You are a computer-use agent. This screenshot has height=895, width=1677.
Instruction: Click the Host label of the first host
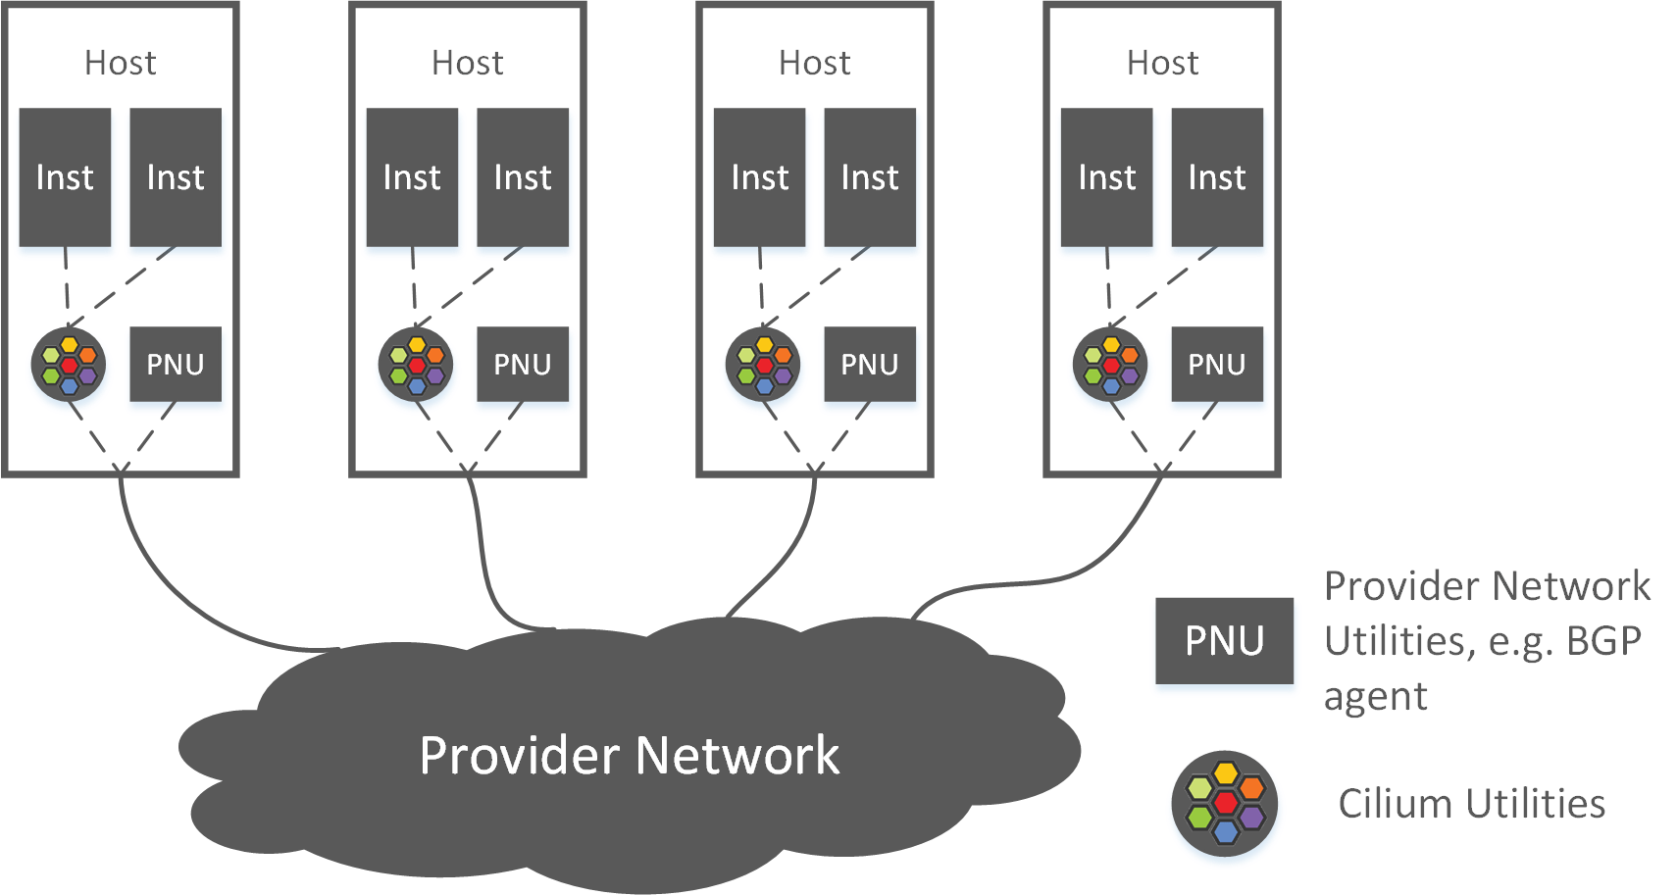click(121, 63)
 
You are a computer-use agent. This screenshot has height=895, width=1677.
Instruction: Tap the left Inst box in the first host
click(65, 177)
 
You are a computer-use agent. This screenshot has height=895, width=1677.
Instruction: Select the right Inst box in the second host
click(523, 177)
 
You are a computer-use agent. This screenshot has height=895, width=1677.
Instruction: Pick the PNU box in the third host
click(870, 365)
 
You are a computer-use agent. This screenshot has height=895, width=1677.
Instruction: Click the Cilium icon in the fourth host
click(1110, 365)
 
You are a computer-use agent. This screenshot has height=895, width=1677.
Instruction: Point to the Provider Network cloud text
click(629, 756)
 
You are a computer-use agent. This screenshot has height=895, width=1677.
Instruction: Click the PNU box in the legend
click(1224, 641)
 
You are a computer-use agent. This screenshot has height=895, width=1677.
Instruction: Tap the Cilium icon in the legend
click(1225, 803)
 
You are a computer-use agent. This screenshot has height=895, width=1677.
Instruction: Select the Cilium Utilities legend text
click(1471, 804)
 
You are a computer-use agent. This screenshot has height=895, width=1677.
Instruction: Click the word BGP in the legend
click(1603, 641)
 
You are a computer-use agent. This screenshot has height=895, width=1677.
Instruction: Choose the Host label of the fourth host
click(1162, 63)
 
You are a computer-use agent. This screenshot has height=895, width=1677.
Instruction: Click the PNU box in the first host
click(176, 365)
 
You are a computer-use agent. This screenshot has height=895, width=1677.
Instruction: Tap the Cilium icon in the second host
click(416, 365)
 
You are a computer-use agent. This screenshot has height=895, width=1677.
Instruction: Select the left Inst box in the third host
click(760, 177)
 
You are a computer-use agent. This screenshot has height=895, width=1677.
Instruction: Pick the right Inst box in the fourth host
click(1217, 177)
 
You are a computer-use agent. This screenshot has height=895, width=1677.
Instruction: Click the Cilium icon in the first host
click(69, 365)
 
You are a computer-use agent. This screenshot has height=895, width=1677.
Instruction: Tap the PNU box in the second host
click(523, 365)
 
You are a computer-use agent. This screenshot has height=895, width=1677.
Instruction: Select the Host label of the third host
click(815, 63)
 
